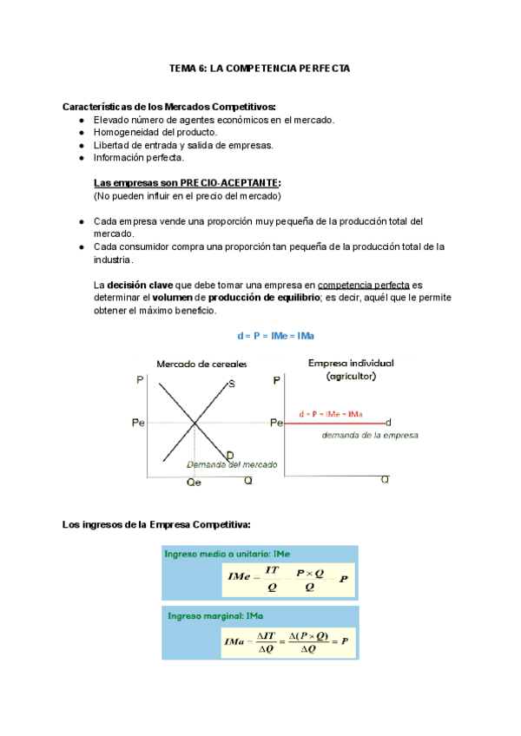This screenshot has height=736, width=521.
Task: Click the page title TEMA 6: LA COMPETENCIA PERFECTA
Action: coord(260,68)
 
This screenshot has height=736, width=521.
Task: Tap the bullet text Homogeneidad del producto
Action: coord(155,132)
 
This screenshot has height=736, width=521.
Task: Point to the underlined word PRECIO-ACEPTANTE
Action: coord(229,183)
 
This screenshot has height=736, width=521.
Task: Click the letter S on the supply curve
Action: coord(231,384)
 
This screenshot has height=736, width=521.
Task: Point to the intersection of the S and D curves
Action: coord(194,423)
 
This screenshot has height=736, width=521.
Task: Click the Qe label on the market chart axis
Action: coord(194,483)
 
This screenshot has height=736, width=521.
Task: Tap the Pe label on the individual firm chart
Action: coord(276,423)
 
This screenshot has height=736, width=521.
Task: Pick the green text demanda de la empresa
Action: coord(370,435)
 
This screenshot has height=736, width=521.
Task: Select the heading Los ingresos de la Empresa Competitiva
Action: coord(157,524)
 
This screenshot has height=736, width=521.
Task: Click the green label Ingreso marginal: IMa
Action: coord(204,615)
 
